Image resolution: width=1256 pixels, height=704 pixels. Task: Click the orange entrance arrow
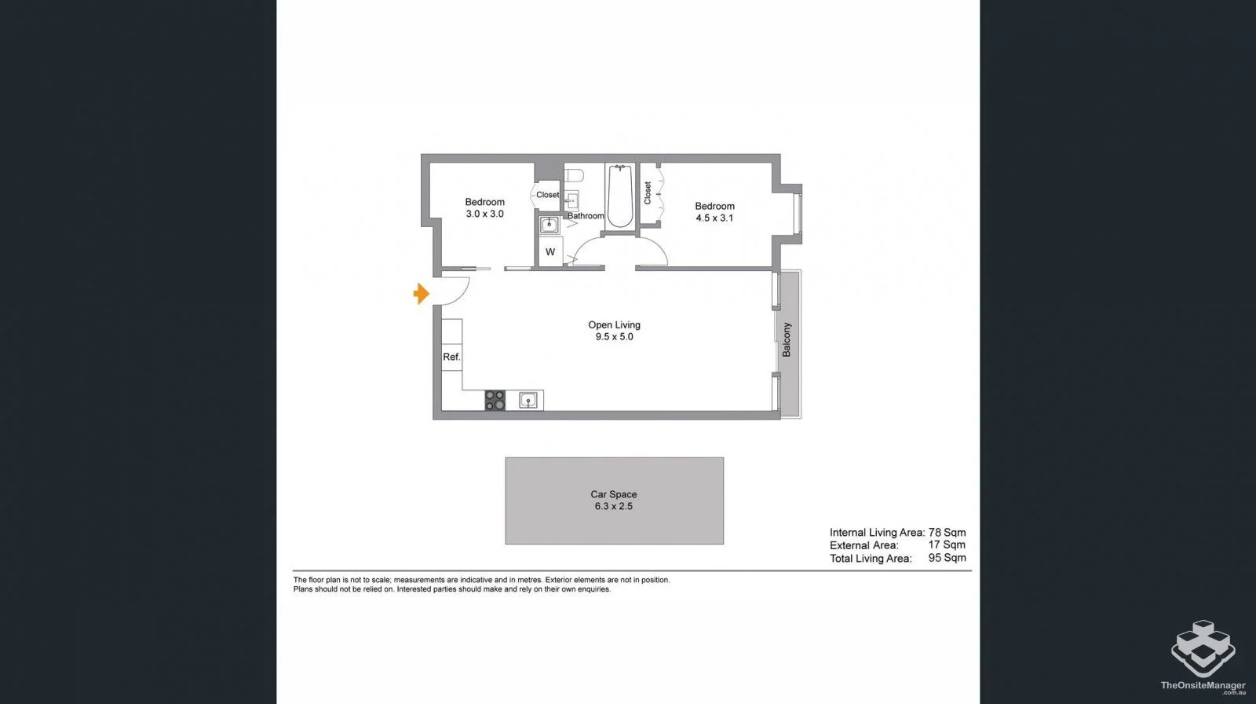click(422, 294)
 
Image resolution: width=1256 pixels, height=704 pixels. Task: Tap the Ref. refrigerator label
click(451, 357)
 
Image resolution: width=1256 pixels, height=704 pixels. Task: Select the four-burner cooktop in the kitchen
click(495, 401)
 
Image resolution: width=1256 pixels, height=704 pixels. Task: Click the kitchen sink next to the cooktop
click(529, 401)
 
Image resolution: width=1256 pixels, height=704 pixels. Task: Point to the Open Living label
click(614, 324)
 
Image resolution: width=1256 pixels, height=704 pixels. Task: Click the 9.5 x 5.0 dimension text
click(614, 337)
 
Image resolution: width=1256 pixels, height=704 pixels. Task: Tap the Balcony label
click(787, 339)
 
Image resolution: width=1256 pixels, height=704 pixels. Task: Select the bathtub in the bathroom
click(620, 196)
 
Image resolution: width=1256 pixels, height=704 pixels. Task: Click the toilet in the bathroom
click(573, 174)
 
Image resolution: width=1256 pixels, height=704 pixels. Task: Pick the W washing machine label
click(550, 252)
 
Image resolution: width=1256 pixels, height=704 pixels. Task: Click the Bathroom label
click(586, 216)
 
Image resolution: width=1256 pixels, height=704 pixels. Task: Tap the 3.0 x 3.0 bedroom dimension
click(484, 214)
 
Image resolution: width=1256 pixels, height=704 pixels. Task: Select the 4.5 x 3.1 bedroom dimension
click(714, 218)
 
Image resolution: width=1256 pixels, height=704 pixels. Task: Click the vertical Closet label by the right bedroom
click(648, 193)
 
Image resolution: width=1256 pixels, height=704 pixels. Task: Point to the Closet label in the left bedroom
click(547, 195)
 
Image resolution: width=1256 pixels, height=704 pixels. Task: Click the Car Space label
click(614, 494)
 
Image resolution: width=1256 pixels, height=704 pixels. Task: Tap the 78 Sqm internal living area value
click(947, 532)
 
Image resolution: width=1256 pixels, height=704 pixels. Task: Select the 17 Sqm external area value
click(947, 544)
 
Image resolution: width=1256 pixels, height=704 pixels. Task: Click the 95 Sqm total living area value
click(947, 558)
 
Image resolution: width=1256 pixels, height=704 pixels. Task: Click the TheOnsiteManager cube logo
click(1203, 648)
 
